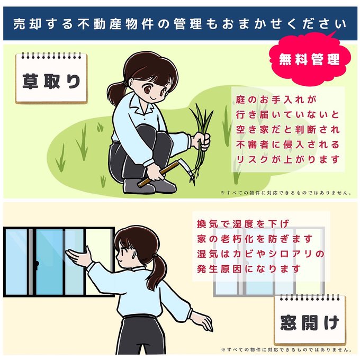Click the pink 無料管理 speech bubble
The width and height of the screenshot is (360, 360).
coord(310,60)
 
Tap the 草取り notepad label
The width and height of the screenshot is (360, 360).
coord(51,78)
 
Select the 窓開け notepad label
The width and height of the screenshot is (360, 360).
coord(310,320)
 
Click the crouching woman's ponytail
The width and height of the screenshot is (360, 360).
coord(115,93)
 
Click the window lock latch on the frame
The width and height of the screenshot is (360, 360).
coord(37,264)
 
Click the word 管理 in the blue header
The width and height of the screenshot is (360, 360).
coord(187,24)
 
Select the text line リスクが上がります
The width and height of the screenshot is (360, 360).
coord(287,159)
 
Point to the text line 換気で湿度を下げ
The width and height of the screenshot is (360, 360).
coord(242,224)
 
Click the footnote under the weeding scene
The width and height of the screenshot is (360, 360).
coord(286,193)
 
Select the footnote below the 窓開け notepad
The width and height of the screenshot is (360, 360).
coord(286,349)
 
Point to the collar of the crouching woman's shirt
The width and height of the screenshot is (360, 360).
coord(140,108)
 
